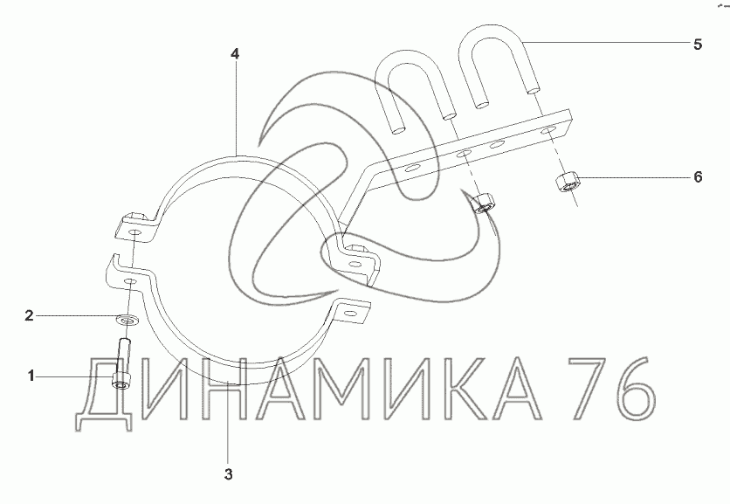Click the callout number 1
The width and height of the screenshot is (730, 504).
[x=31, y=376]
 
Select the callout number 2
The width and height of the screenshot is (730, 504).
[x=30, y=316]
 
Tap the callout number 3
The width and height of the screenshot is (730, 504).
[x=228, y=474]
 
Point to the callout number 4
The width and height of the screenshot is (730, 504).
[x=235, y=54]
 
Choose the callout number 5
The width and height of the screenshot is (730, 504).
[x=698, y=45]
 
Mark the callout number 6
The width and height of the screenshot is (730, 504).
[x=698, y=177]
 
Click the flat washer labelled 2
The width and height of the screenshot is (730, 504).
[x=124, y=320]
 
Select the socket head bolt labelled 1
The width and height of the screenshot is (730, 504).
[x=122, y=362]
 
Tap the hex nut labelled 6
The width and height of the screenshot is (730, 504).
[x=567, y=181]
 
